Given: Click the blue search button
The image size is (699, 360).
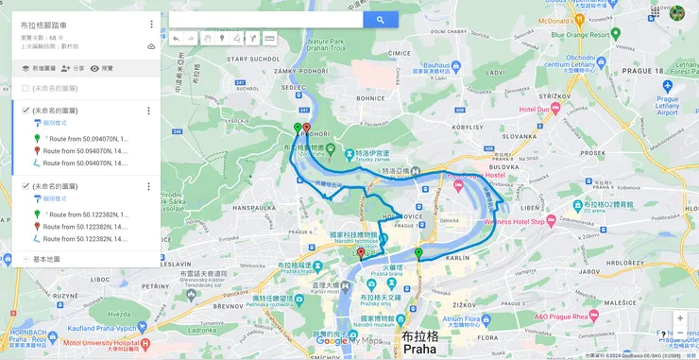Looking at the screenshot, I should (x=380, y=19).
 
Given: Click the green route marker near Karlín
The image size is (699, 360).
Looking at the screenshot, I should (x=418, y=252).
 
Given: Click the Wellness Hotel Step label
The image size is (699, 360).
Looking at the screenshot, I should (x=519, y=221).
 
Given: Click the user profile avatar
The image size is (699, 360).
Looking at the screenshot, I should (x=677, y=12).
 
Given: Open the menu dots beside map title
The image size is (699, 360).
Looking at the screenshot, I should (x=151, y=24).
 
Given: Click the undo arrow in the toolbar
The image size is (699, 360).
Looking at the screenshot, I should (x=176, y=39).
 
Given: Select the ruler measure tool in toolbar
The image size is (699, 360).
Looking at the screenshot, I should (x=269, y=39).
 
